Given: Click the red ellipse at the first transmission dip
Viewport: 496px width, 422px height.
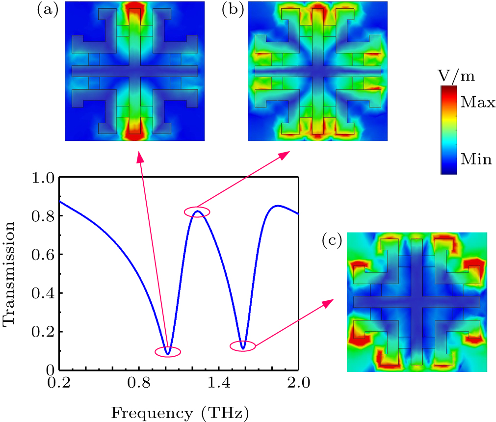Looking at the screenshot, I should (168, 351).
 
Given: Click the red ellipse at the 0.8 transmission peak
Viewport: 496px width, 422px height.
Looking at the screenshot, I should (197, 211).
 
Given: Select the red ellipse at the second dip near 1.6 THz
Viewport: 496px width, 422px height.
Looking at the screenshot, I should (243, 346).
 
